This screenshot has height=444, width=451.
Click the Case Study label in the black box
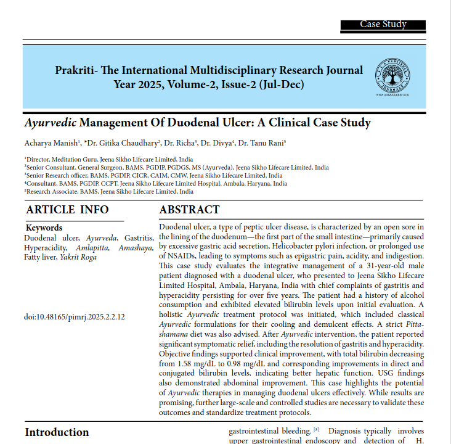[x=383, y=25]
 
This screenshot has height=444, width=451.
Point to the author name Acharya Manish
[x=46, y=143]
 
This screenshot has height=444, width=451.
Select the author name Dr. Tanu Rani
[x=262, y=143]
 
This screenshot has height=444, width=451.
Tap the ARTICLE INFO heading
[x=67, y=210]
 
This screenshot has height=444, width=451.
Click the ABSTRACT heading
[x=189, y=210]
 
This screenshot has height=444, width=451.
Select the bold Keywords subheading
[x=44, y=228]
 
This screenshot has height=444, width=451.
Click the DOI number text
[x=75, y=317]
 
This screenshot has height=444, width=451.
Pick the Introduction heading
[x=57, y=432]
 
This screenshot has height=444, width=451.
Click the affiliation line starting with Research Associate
[x=108, y=192]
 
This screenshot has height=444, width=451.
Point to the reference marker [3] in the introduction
[x=316, y=429]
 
